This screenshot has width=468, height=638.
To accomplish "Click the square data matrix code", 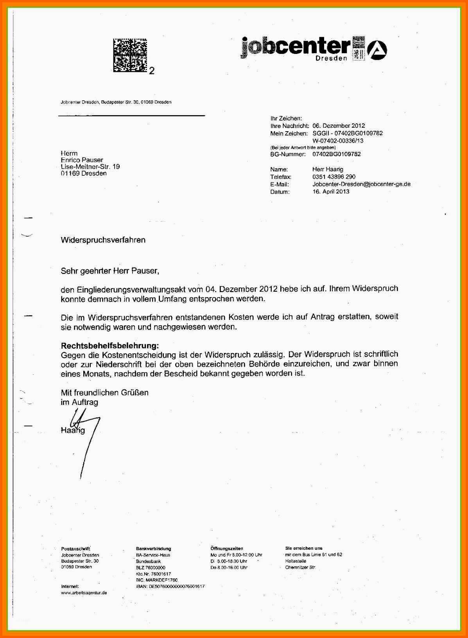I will point(130,55).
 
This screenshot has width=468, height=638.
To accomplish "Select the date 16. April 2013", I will point(331,192).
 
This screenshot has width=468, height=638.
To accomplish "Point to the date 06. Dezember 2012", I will point(339,126).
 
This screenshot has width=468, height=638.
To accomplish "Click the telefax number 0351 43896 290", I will point(334,177).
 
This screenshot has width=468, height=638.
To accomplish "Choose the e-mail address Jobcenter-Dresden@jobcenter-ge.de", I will point(361,184).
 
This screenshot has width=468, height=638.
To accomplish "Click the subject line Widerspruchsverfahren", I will point(103,240).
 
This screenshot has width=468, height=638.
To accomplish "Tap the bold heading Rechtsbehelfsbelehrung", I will point(110,346).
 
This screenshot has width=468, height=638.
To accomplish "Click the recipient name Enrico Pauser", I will point(82,160).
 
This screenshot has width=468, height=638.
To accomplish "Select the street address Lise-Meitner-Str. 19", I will point(90,167).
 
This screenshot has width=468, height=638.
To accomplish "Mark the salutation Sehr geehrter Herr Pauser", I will point(110,271).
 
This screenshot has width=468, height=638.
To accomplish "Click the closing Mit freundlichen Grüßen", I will point(104,393).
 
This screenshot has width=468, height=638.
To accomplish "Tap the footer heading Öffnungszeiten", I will point(227,549).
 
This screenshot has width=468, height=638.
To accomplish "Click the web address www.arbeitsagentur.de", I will point(84,593).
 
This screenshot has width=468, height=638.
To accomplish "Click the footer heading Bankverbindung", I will point(154,549).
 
